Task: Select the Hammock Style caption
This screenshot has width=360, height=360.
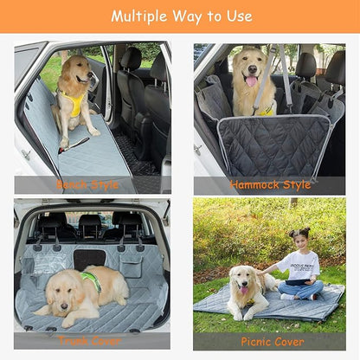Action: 270,185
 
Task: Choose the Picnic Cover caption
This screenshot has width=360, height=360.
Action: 272,342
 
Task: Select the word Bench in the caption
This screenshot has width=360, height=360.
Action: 73,185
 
